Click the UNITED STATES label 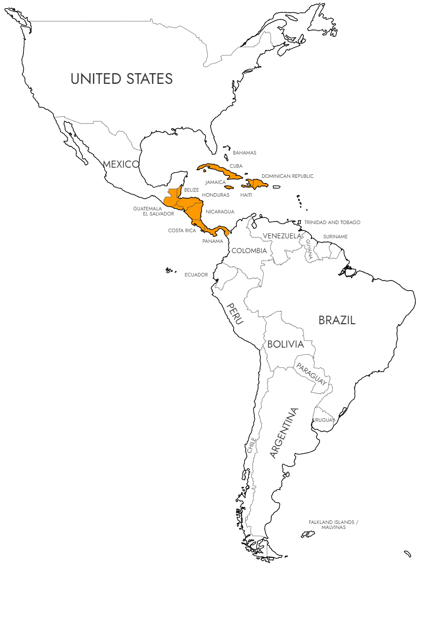click(122, 79)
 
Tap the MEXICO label click(121, 164)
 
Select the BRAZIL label click(336, 320)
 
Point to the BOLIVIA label click(285, 344)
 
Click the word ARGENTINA click(283, 433)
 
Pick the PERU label click(235, 313)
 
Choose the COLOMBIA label click(249, 251)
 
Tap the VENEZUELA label click(282, 236)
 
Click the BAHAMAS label click(244, 152)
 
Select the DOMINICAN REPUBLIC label click(288, 176)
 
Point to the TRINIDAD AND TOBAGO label click(332, 223)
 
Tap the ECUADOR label click(196, 275)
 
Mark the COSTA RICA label click(182, 231)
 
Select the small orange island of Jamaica click(229, 188)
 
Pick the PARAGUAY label click(312, 374)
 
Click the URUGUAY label click(324, 420)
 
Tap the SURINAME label click(335, 237)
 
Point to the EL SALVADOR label click(158, 214)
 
